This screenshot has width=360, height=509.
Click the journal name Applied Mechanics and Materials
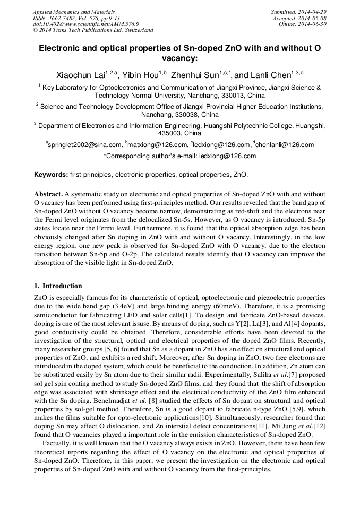[73, 11]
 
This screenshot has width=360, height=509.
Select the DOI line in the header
[86, 24]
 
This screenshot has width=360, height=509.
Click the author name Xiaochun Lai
[80, 75]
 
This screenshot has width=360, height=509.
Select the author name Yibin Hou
[141, 75]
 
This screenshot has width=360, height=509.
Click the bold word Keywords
[50, 174]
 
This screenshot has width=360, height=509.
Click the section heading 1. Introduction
[58, 286]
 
